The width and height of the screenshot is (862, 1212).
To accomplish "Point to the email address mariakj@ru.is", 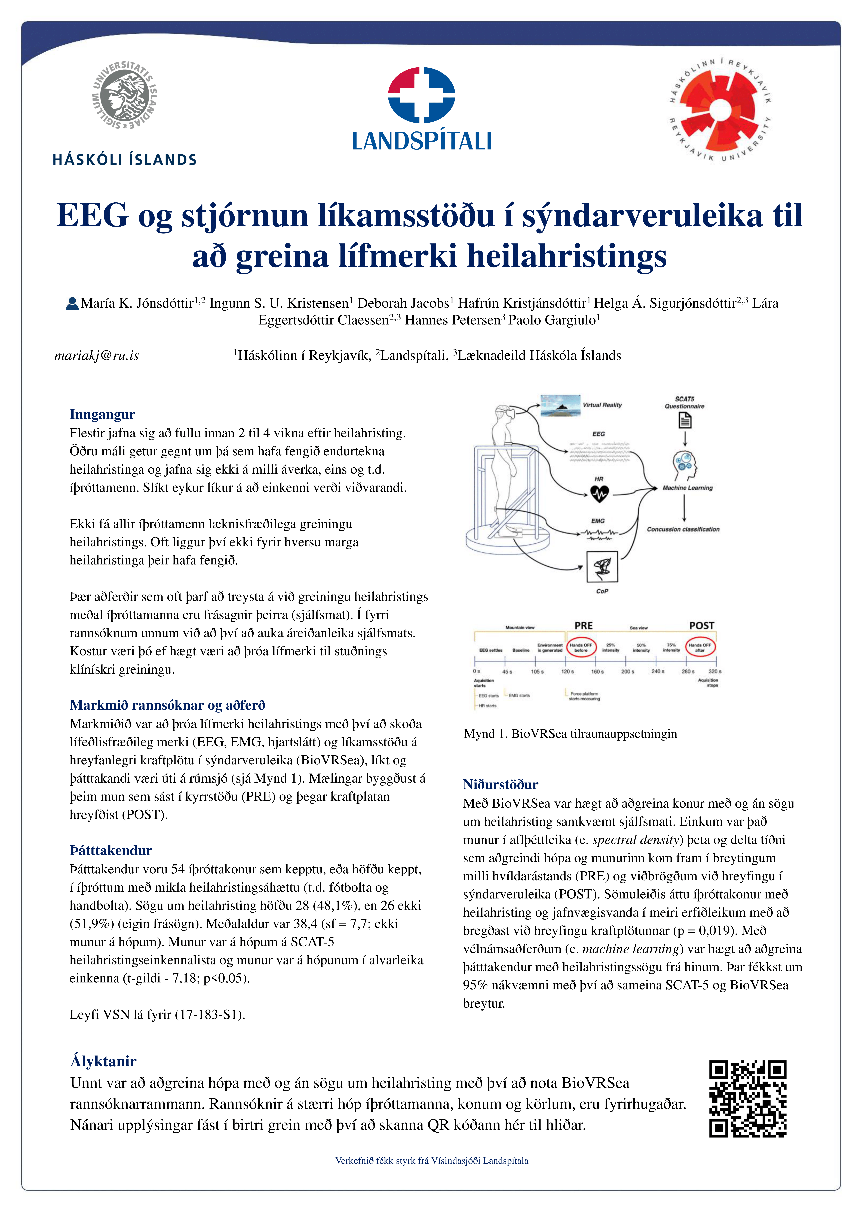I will coord(97,355).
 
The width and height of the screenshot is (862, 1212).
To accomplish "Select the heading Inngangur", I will coord(102,414).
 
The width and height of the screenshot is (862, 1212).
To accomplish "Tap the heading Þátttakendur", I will coord(111,850).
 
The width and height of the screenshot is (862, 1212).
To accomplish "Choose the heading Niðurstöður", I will coord(501,784).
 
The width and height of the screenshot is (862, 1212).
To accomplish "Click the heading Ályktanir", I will coord(103,1061).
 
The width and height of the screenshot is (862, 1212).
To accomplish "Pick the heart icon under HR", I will coord(599,494).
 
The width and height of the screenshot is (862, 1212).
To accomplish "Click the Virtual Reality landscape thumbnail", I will coord(560,405).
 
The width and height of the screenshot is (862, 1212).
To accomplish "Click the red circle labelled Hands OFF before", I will coord(581,647).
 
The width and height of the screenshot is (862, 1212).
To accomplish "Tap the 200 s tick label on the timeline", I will coord(627,671).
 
